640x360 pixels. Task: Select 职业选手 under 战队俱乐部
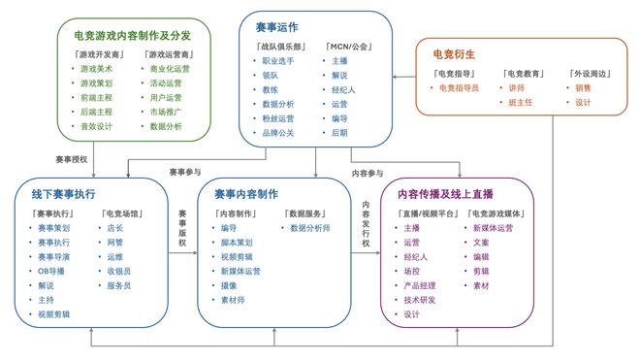pyautogui.click(x=278, y=61)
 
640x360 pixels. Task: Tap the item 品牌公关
pyautogui.click(x=278, y=133)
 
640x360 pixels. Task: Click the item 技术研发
pyautogui.click(x=419, y=300)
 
